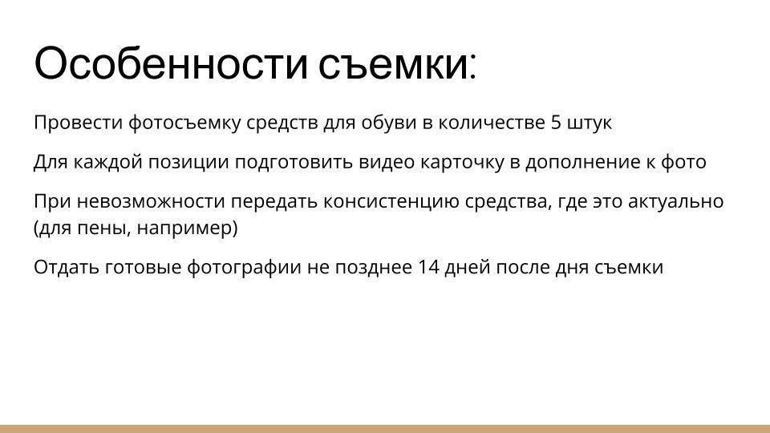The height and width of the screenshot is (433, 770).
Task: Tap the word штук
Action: coord(590,123)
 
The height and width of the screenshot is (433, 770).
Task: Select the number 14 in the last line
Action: coord(429,268)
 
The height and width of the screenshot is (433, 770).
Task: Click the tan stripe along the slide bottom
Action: coord(385,429)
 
